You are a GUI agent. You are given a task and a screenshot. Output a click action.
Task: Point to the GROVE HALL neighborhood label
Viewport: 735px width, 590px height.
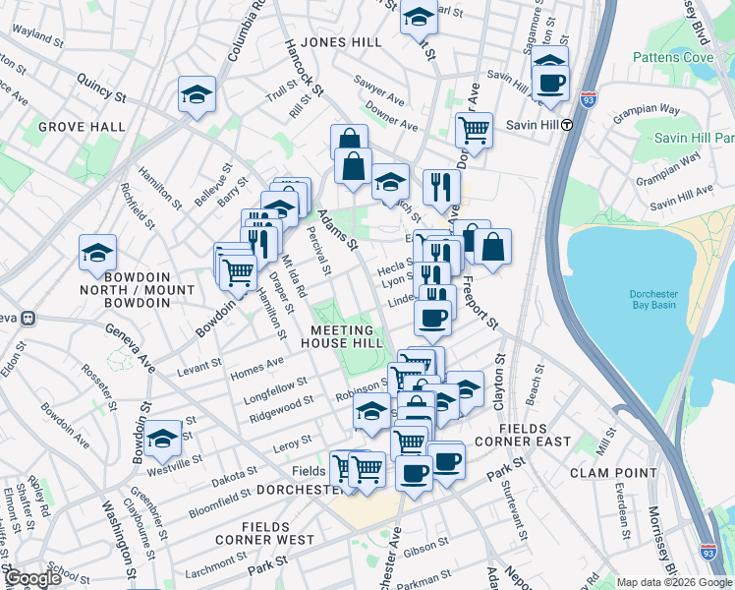click(x=82, y=127)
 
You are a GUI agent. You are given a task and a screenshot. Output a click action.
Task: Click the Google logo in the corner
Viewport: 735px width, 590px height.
click(x=31, y=578)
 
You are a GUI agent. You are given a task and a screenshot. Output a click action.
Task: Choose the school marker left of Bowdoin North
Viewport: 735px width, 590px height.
click(x=98, y=254)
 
